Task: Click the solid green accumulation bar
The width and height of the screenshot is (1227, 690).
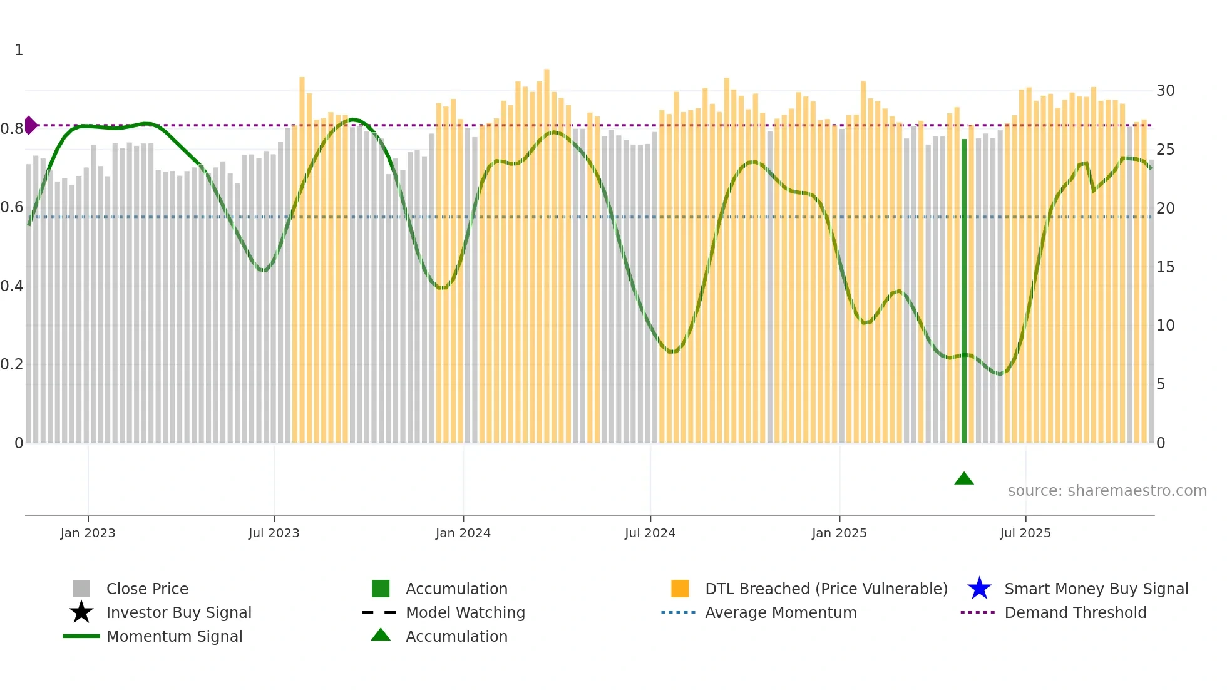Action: point(964,291)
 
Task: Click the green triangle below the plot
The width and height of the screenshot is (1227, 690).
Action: point(964,479)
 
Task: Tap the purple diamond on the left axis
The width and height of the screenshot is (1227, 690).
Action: point(30,125)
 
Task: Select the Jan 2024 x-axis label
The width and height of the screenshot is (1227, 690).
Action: point(463,533)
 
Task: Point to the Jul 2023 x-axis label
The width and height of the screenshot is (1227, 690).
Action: point(274,533)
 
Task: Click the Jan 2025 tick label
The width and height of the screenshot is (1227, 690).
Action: point(839,533)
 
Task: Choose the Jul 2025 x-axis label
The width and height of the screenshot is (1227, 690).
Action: point(1025,533)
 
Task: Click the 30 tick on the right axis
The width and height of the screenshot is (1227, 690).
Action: point(1165,91)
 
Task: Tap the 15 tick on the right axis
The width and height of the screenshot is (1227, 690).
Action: point(1165,267)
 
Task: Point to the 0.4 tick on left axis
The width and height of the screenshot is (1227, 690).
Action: point(12,286)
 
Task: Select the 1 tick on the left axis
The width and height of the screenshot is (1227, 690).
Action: point(19,50)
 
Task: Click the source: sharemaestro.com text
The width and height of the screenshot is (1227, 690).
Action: point(1107,491)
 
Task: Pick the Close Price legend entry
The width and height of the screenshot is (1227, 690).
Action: point(147,589)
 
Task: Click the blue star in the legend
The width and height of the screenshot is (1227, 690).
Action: point(979,589)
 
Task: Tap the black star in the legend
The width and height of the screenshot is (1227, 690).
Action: point(81,612)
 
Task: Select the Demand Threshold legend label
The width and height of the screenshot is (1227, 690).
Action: point(1075,612)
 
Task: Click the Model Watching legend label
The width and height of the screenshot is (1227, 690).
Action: point(465,612)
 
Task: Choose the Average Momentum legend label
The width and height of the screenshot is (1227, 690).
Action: point(781,612)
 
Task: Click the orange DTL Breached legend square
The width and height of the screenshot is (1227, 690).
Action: point(680,589)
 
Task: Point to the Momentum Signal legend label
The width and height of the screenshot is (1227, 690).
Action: point(174,636)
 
